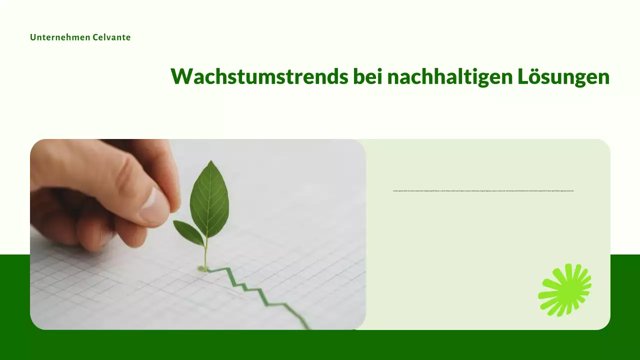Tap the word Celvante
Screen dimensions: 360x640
point(111,37)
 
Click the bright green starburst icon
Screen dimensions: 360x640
point(564,290)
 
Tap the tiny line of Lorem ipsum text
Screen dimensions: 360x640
point(483,190)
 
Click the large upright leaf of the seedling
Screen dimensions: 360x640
point(209,197)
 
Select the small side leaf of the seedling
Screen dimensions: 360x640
point(188,232)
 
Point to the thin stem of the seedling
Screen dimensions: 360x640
point(205,252)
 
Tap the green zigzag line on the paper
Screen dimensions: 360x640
point(260,292)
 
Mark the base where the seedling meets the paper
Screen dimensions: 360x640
point(203,269)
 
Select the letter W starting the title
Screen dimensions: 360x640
point(182,76)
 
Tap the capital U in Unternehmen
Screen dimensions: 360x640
point(33,37)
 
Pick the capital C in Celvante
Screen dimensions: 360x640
point(95,37)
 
